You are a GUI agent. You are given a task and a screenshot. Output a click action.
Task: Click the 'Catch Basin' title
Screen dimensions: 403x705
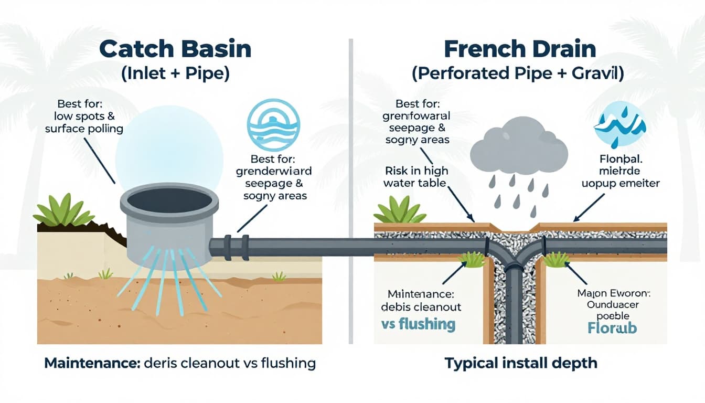[x=175, y=49]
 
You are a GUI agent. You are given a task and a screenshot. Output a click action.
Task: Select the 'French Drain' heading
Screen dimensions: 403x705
[x=520, y=49]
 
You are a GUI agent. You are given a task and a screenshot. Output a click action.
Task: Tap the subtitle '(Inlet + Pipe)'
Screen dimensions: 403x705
[x=175, y=73]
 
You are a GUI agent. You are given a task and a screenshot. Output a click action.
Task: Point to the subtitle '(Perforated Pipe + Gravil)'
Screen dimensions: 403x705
[x=518, y=73]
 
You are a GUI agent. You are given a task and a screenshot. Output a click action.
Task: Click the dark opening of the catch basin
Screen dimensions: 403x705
[x=169, y=200]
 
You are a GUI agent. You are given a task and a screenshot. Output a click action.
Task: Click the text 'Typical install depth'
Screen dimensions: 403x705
[x=520, y=363]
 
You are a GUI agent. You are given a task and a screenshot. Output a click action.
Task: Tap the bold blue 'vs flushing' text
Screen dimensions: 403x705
[x=418, y=324]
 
